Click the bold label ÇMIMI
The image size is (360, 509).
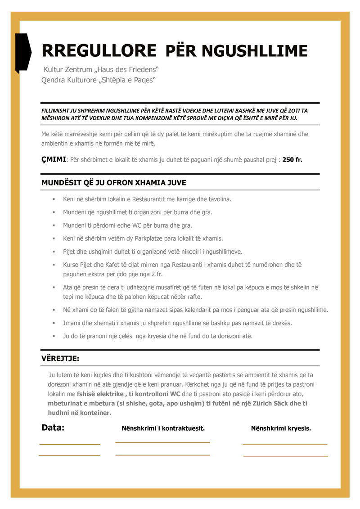coord(54,159)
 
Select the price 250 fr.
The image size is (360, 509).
coord(292,160)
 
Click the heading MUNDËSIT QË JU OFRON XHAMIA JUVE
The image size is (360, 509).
coord(113,183)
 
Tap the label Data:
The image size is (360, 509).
coord(53,428)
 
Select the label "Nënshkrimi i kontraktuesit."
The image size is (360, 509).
coord(163,428)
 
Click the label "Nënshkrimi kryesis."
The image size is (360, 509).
coord(281,428)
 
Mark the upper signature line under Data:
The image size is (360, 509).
coord(70,444)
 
